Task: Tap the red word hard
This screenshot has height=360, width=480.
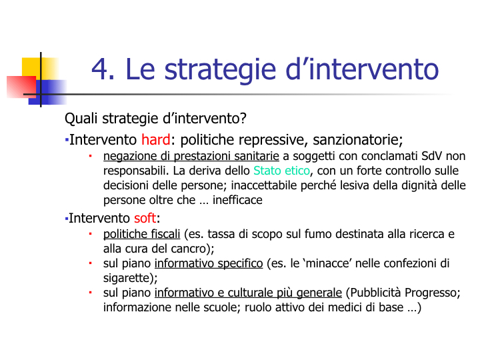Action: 156,139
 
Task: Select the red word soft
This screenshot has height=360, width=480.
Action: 145,218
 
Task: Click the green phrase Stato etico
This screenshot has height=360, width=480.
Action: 281,171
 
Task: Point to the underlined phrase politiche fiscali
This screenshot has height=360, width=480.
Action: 141,234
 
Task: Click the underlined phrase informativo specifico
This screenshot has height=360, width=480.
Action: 209,263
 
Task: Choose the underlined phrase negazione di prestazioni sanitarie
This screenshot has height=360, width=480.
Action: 191,156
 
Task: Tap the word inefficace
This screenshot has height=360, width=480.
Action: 237,200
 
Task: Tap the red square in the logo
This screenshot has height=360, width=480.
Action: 21,87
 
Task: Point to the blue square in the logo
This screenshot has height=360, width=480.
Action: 47,92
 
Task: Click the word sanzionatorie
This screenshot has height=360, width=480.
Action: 356,139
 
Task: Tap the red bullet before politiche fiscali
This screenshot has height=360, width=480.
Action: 90,234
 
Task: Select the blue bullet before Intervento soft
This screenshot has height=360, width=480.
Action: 67,219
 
